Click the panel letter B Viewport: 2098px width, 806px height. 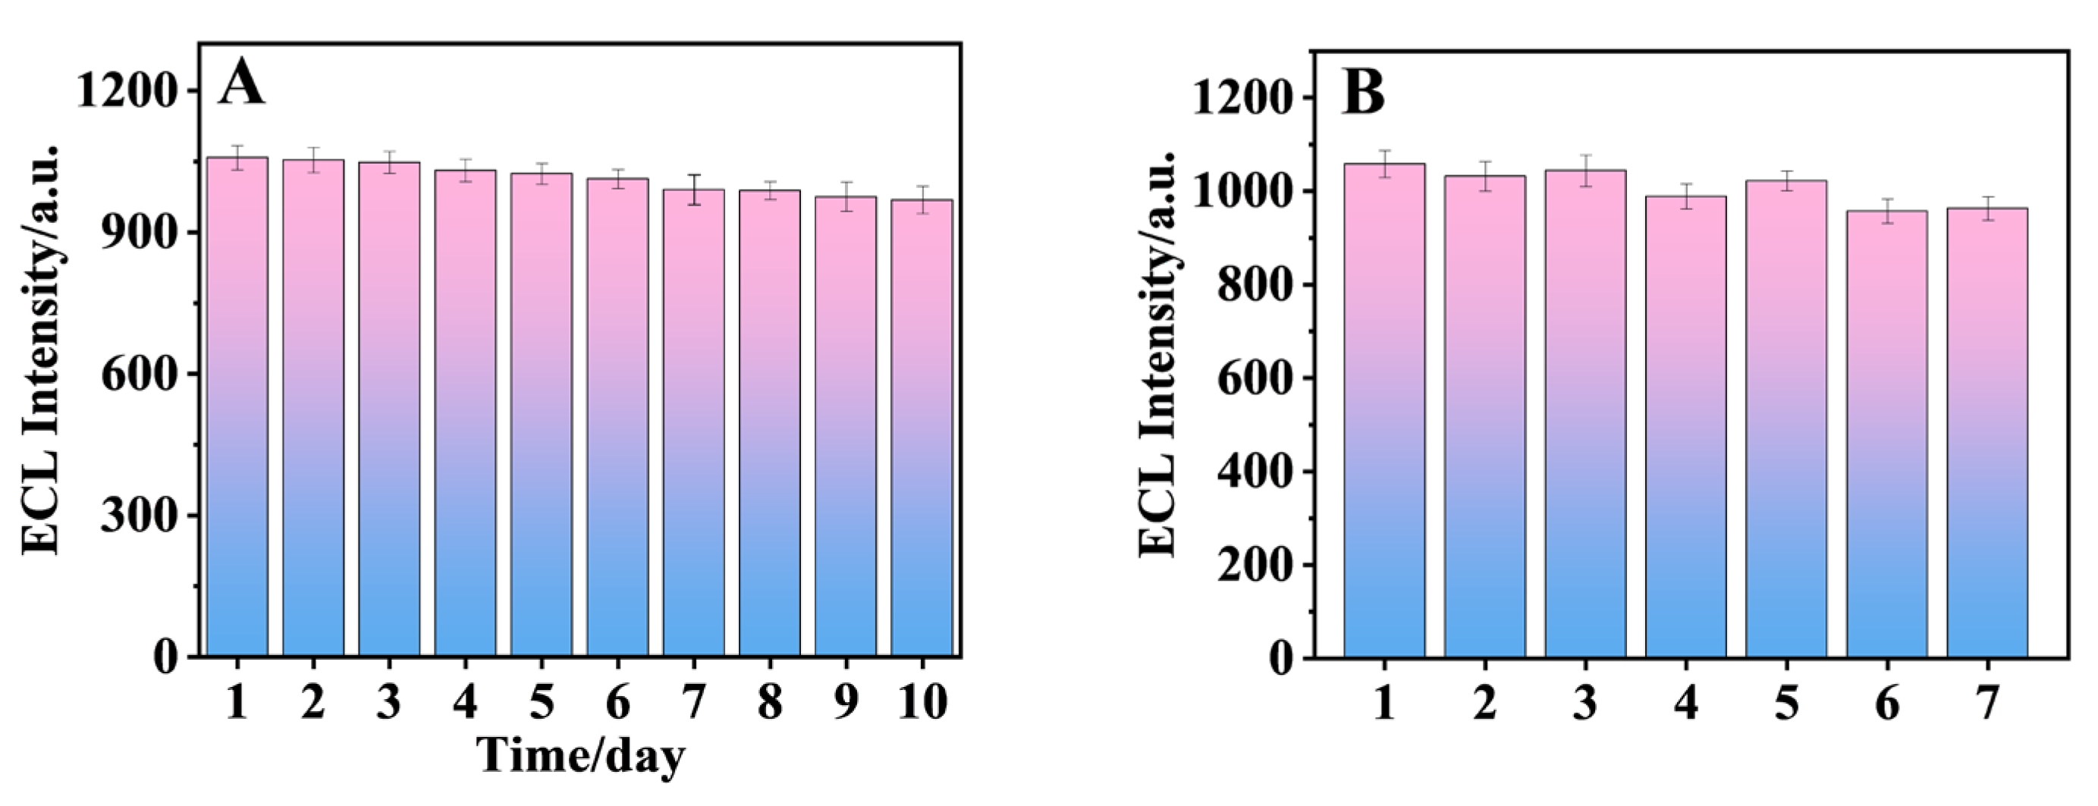pyautogui.click(x=1362, y=93)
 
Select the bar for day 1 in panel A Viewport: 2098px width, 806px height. pyautogui.click(x=237, y=407)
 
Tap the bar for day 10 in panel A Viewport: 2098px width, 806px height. pyautogui.click(x=921, y=428)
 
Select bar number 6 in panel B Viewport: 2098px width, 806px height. pyautogui.click(x=1886, y=434)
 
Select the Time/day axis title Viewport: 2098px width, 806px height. pyautogui.click(x=580, y=755)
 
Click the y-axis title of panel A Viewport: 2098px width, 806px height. pyautogui.click(x=41, y=350)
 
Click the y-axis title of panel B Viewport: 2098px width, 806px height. pyautogui.click(x=1157, y=354)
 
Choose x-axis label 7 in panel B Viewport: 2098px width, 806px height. pyautogui.click(x=1987, y=702)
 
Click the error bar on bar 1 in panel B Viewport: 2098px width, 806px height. pyautogui.click(x=1384, y=164)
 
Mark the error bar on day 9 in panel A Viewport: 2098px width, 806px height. pyautogui.click(x=846, y=196)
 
